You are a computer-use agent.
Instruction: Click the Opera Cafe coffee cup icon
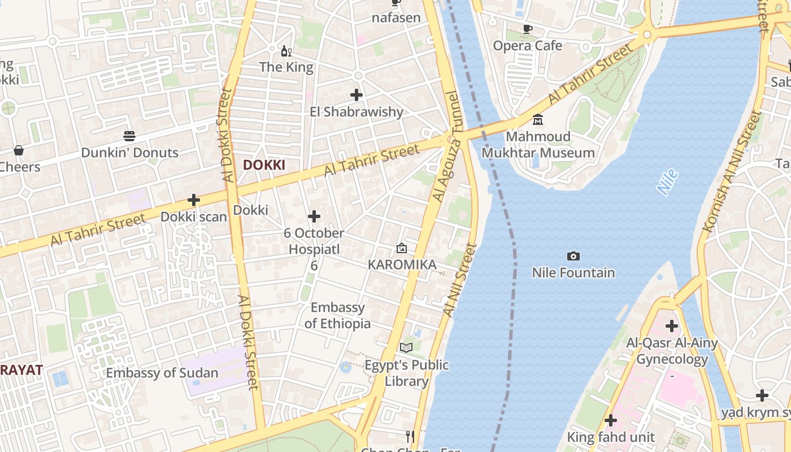[528, 29]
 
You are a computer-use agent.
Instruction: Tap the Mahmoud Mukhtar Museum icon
[538, 120]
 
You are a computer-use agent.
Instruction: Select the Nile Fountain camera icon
[573, 257]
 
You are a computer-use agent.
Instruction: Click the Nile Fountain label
[573, 273]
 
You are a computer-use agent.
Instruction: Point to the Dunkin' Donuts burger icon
[129, 136]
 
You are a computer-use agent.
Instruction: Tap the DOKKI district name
[264, 165]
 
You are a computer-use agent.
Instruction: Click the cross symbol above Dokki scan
[194, 200]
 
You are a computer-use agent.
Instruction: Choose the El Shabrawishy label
[357, 112]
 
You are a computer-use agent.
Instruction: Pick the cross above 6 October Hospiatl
[314, 216]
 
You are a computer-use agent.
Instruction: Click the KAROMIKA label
[402, 264]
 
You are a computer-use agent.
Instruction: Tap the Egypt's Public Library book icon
[406, 347]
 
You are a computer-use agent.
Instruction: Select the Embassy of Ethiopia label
[338, 315]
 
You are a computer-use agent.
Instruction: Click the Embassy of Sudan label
[162, 373]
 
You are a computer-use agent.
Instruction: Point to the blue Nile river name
[668, 182]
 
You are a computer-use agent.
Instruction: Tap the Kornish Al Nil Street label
[732, 171]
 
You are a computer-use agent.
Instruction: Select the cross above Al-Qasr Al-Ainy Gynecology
[672, 326]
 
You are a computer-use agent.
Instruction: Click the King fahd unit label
[611, 437]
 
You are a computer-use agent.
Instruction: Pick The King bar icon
[286, 51]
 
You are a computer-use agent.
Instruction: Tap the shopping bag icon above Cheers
[19, 150]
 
